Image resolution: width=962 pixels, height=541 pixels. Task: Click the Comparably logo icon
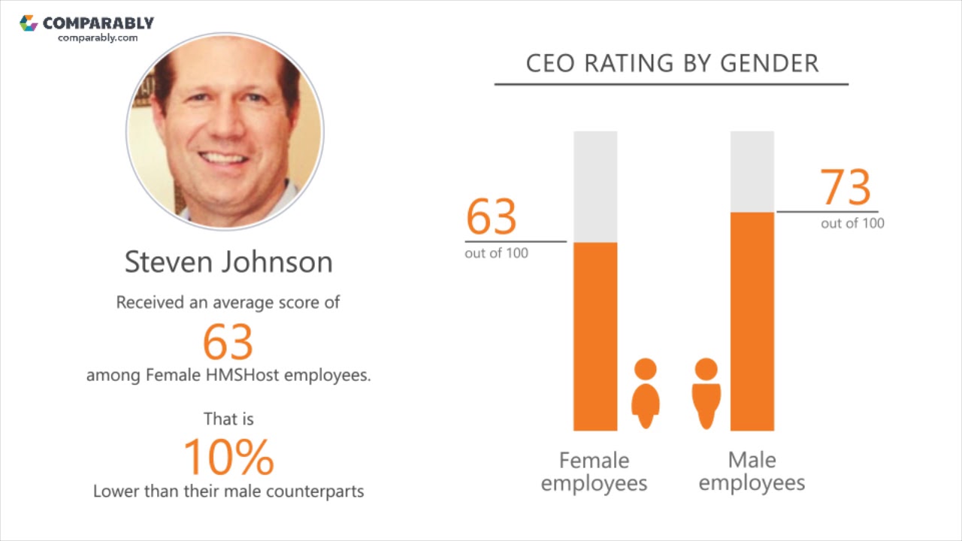tap(29, 23)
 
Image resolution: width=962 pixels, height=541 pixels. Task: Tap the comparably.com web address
tap(98, 38)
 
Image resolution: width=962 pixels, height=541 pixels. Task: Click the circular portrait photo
tap(225, 131)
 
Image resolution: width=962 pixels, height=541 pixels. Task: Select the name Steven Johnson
tap(228, 262)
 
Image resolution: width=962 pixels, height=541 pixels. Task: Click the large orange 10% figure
tap(228, 457)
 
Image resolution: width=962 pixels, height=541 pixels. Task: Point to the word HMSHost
tap(243, 374)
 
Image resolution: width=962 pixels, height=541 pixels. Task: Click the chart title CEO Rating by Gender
tap(672, 64)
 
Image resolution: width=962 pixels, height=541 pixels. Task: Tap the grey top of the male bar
tap(752, 171)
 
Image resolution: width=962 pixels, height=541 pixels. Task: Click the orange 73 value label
tap(846, 188)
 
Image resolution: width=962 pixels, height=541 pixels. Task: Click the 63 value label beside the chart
tap(492, 217)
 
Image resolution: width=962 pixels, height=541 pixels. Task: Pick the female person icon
tap(646, 394)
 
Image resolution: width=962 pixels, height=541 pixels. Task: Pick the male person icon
tap(706, 394)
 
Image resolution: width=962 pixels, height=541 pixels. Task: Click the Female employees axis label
tap(594, 472)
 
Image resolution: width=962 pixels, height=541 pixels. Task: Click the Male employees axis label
tap(752, 472)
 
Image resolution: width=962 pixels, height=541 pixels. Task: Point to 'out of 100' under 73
tap(852, 223)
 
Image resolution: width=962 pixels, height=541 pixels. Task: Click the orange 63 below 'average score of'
tap(228, 342)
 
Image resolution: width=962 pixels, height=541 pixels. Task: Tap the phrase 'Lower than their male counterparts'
tap(228, 491)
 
